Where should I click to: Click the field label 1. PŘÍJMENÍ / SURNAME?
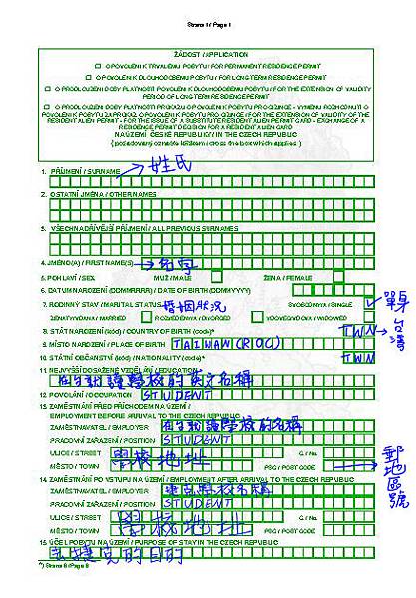click(x=83, y=171)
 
